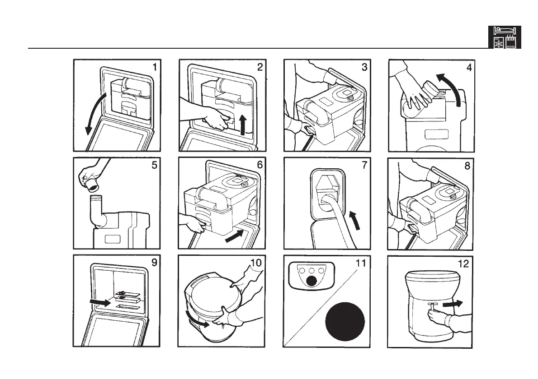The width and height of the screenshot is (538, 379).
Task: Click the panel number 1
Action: (155, 67)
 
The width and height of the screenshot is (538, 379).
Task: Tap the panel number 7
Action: (365, 165)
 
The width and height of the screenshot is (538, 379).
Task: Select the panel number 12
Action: (463, 264)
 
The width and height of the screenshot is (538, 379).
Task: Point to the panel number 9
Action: (155, 263)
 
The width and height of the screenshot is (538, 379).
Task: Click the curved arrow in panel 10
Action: (198, 321)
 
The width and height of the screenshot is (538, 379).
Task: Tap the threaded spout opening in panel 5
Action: (97, 199)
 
